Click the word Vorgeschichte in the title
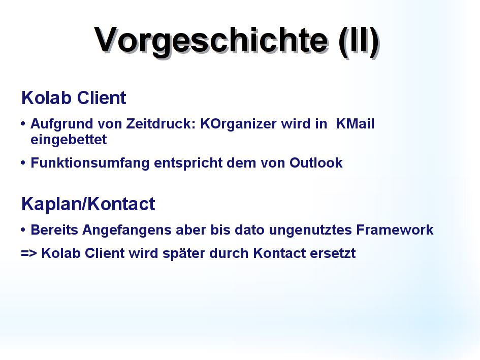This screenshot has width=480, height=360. pos(211,41)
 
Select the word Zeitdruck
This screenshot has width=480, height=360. pos(161,124)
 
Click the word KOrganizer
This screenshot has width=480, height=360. pos(238,124)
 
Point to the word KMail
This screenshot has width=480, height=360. pos(355,124)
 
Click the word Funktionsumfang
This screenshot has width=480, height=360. pos(90,163)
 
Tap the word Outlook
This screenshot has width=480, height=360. pos(316,163)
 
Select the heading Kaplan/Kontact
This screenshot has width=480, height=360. pos(88,204)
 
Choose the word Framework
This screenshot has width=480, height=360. pos(395,230)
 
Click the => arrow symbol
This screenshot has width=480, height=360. pos(29,253)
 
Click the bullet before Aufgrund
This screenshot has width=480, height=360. pos(23,124)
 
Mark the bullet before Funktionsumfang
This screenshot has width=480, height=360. pos(23,162)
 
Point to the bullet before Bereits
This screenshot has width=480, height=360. pos(23,230)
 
